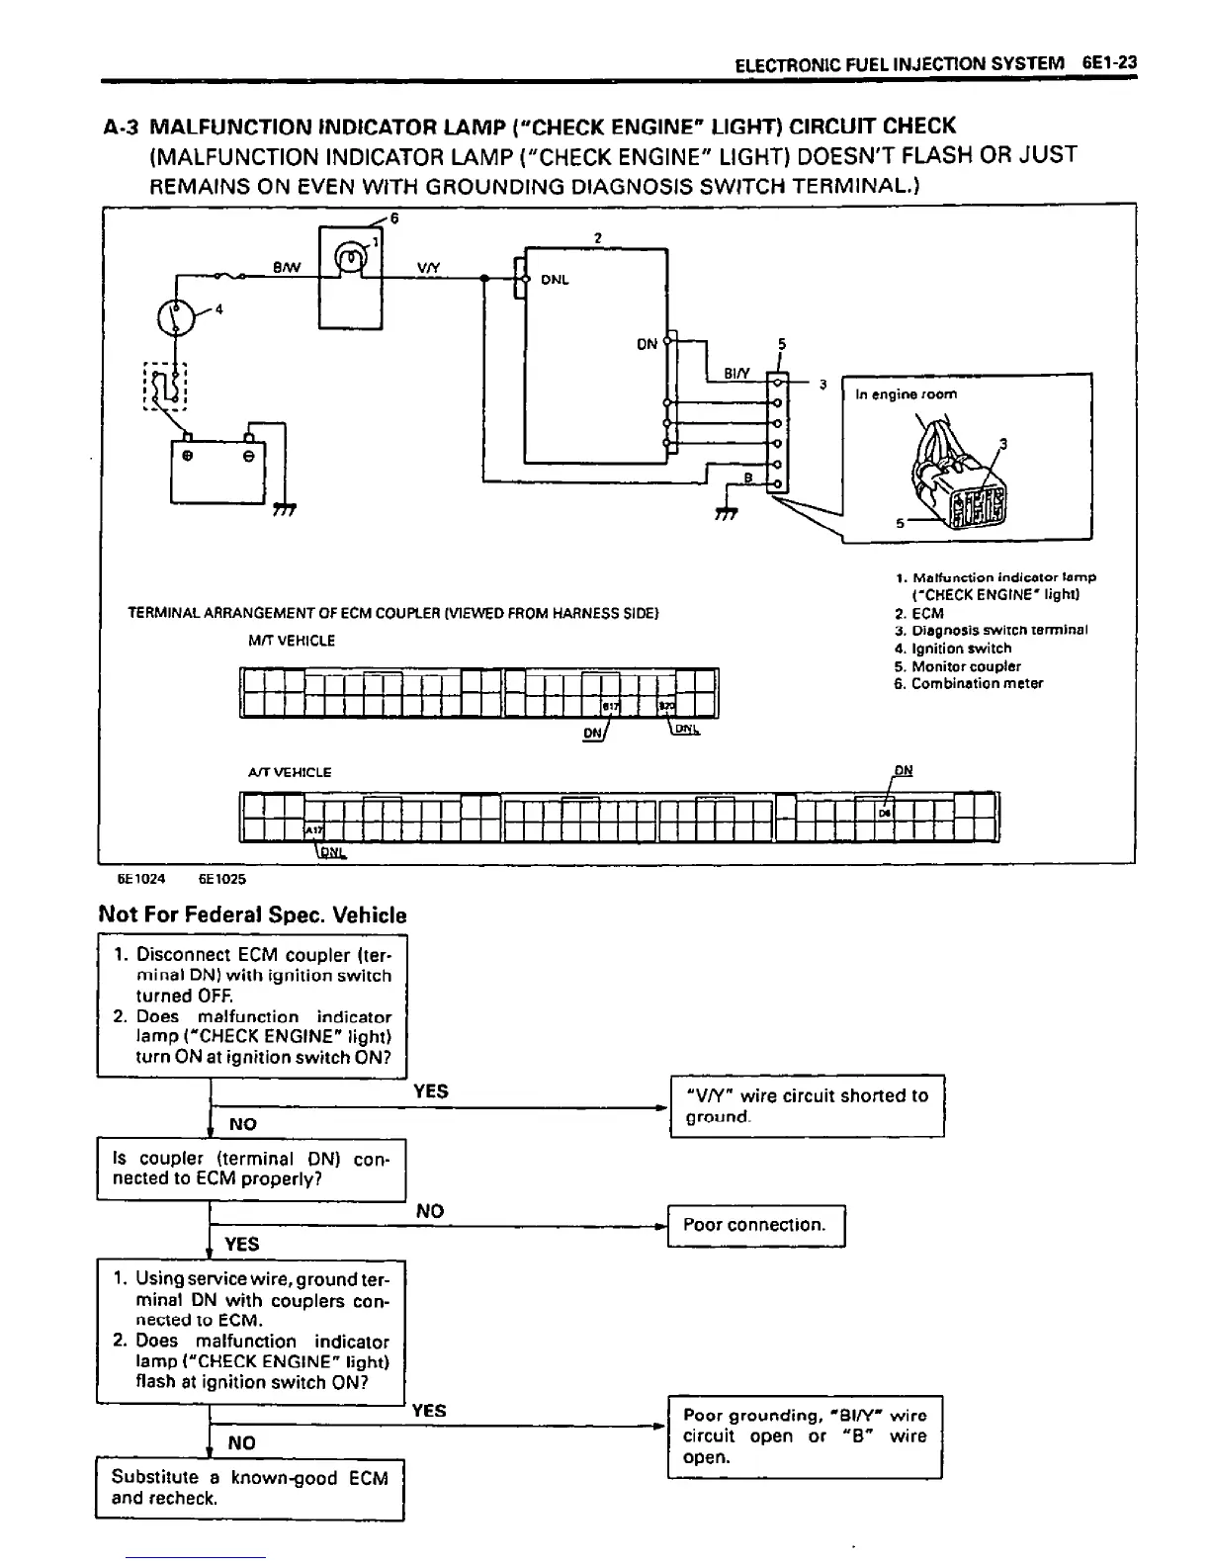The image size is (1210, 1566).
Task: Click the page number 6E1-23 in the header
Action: tap(1109, 62)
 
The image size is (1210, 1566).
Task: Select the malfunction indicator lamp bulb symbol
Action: tap(351, 259)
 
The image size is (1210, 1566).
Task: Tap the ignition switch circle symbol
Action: tap(176, 316)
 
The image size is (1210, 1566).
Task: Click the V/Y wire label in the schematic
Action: tap(429, 267)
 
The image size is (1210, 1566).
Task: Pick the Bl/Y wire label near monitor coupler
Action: tap(737, 374)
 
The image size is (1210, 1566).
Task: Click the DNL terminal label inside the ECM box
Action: tap(555, 280)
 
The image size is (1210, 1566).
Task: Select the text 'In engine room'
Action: tap(906, 393)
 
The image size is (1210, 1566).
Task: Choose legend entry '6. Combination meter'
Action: tap(968, 683)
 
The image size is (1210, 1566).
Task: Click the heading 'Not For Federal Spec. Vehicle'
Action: tap(252, 914)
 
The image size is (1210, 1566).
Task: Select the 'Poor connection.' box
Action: tap(756, 1225)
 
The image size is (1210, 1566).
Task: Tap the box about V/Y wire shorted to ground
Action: tap(807, 1106)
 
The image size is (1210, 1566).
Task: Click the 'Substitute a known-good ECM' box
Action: tap(250, 1488)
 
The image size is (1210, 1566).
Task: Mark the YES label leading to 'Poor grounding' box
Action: tap(429, 1411)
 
